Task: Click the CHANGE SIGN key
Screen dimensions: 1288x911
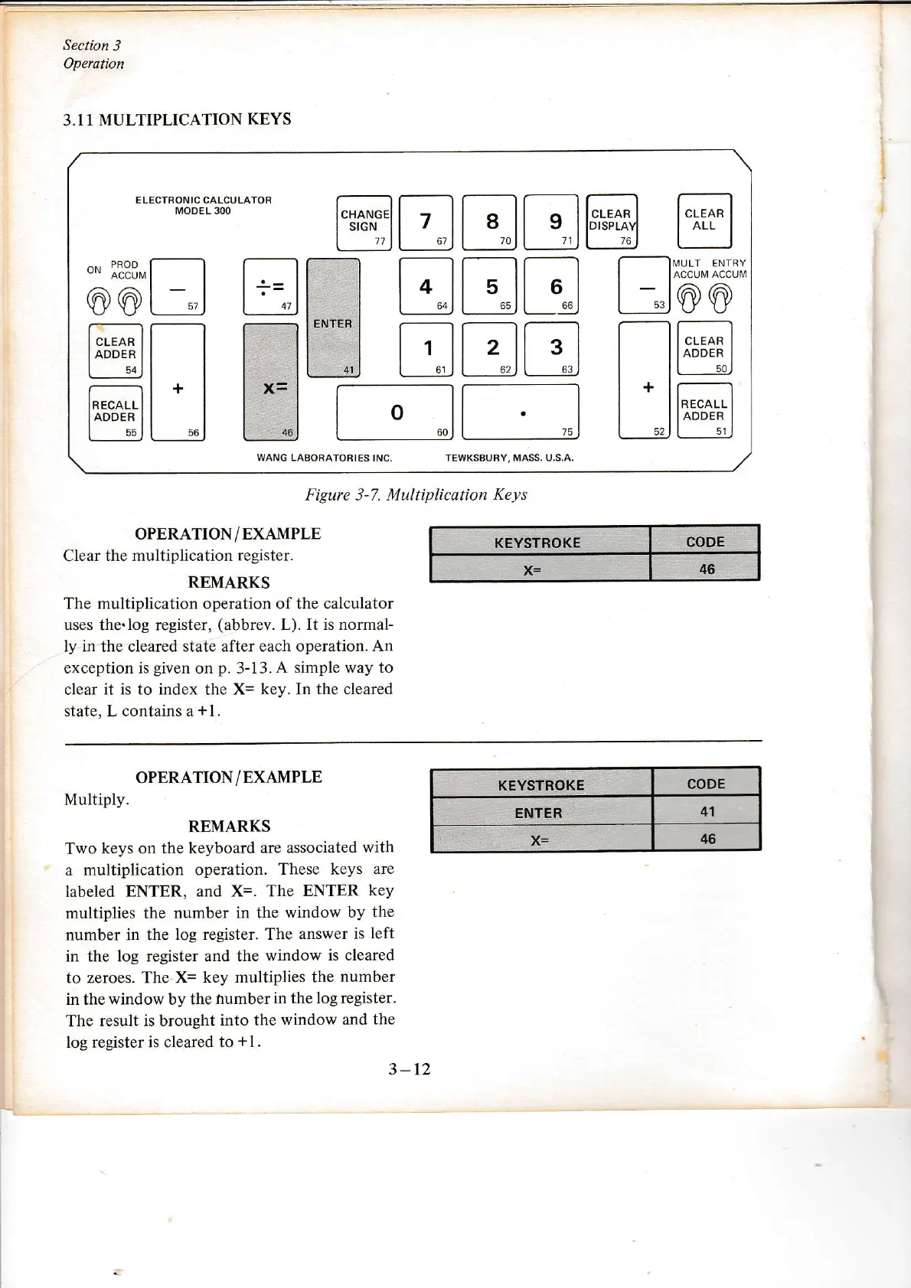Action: coord(364,223)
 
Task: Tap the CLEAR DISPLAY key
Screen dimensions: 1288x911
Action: coord(612,222)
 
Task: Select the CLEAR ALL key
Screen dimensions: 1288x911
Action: coord(704,220)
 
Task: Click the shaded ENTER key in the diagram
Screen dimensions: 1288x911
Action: coord(333,318)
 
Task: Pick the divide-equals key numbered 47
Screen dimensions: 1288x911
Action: coord(269,287)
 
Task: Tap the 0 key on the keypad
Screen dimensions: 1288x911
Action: coord(395,412)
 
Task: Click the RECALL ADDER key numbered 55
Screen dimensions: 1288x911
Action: coord(116,413)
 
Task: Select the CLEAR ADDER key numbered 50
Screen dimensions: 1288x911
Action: coord(704,348)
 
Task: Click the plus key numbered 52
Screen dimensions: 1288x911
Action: coord(644,380)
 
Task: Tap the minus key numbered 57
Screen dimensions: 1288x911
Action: coord(178,288)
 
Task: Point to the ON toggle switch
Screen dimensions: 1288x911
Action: coord(97,300)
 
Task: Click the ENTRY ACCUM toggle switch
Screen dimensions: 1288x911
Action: coord(720,298)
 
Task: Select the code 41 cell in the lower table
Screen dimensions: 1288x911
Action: coord(707,811)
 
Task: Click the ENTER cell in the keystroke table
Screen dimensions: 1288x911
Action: coord(539,813)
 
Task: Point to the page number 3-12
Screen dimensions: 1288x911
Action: coord(410,1069)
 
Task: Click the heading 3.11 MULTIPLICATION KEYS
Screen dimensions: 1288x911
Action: coord(177,119)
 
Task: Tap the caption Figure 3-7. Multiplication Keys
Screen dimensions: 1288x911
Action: coord(416,494)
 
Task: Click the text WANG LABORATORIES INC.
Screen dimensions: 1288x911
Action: coord(324,458)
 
